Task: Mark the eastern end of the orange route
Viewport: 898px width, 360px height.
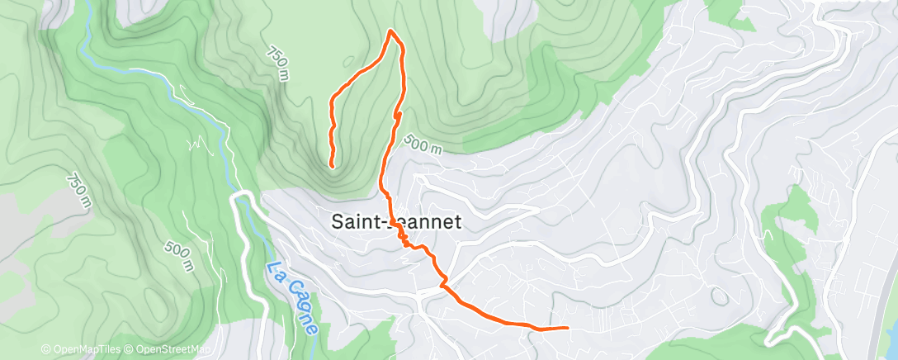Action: click(567, 328)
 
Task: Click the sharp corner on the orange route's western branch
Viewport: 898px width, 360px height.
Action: click(332, 100)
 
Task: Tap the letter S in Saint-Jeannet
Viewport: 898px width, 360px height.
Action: click(337, 221)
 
